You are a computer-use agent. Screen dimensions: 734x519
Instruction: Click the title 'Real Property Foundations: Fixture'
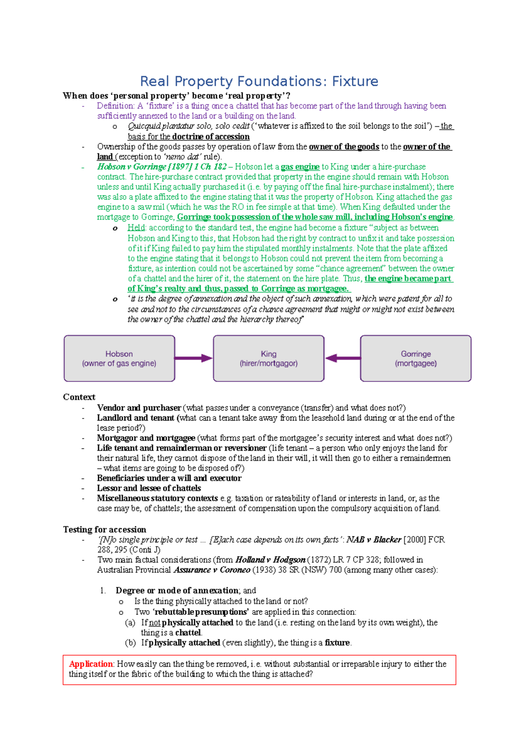click(259, 81)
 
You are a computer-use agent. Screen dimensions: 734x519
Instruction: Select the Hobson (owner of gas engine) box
click(119, 358)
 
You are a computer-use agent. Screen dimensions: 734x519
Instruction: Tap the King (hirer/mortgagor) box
click(269, 358)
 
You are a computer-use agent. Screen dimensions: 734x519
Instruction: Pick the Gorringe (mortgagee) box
click(416, 358)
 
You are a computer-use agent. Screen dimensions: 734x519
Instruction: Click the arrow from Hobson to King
click(193, 358)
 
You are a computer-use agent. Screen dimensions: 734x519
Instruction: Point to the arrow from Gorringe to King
click(343, 358)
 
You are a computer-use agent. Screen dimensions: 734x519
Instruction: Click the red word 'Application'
click(91, 664)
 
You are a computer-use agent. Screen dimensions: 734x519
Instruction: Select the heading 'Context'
click(79, 397)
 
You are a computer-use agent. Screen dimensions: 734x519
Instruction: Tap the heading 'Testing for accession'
click(105, 529)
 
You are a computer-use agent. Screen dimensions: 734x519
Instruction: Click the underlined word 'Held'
click(136, 228)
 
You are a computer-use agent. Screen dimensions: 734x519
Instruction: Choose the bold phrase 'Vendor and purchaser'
click(139, 408)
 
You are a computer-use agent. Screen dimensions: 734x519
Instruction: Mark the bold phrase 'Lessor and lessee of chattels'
click(149, 488)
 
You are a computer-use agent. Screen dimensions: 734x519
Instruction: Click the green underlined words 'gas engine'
click(300, 167)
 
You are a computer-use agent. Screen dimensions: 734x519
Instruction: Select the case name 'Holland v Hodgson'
click(270, 560)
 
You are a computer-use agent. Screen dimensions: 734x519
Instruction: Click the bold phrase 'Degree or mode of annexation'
click(177, 590)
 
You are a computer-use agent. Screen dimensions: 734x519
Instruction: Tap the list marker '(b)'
click(130, 643)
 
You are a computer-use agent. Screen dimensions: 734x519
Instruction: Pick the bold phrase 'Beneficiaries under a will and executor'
click(169, 478)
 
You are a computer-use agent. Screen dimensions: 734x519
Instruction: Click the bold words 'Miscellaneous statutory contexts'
click(157, 498)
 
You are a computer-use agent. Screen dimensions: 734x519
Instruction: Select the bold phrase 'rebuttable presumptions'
click(202, 612)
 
